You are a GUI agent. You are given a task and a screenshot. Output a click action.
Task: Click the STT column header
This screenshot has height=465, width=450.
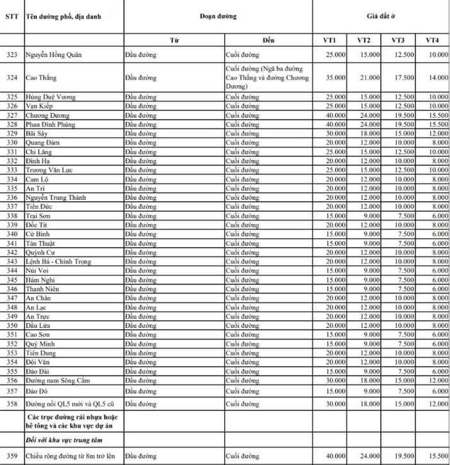[11, 16]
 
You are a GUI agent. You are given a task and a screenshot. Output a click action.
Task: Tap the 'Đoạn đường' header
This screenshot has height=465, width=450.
[218, 16]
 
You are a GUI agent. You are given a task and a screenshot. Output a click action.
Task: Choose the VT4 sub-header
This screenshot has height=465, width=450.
[432, 40]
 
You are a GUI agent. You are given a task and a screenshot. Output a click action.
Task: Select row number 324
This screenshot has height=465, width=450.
[11, 77]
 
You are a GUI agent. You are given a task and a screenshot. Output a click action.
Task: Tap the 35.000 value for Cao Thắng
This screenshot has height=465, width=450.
[335, 77]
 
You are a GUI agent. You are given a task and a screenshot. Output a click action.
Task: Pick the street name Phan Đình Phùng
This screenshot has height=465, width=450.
[53, 124]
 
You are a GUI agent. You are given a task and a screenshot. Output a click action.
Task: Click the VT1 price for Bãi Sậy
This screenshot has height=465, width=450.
[335, 133]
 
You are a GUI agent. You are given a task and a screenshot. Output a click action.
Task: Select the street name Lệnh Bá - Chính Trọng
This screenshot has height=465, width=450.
[58, 261]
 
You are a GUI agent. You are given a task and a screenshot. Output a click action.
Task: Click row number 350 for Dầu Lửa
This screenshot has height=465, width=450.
[11, 325]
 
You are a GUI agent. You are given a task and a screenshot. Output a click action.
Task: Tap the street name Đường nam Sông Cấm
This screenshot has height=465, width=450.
[56, 380]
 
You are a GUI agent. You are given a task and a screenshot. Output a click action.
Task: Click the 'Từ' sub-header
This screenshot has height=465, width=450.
[174, 40]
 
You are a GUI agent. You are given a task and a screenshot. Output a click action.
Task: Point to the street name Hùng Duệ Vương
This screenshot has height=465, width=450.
[51, 97]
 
